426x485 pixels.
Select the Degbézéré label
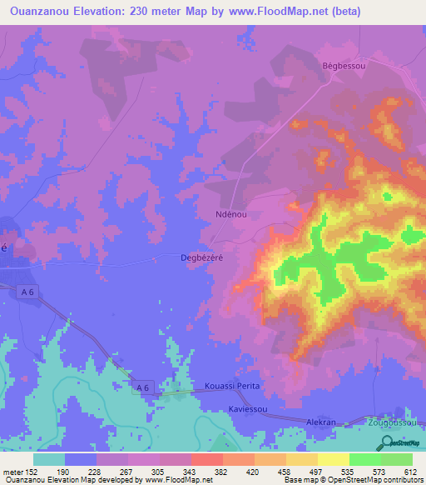pyautogui.click(x=203, y=257)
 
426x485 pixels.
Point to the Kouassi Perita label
pyautogui.click(x=232, y=387)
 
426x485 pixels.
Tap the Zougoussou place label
pyautogui.click(x=394, y=422)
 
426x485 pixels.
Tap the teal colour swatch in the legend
pyautogui.click(x=49, y=459)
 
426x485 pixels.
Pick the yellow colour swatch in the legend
pyautogui.click(x=333, y=459)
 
